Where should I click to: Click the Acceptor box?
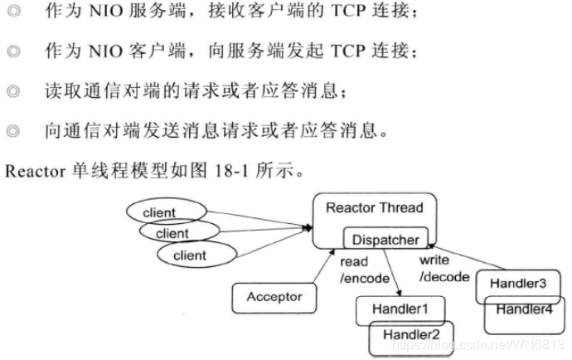[x=274, y=297]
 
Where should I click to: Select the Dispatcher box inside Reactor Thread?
[x=385, y=240]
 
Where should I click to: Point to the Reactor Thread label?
[x=374, y=207]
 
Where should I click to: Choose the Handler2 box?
[x=412, y=334]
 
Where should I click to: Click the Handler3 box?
[x=517, y=284]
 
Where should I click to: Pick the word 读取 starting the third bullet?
[x=61, y=90]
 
